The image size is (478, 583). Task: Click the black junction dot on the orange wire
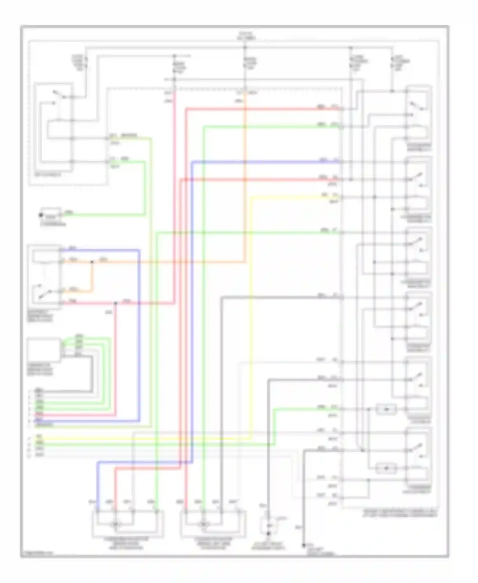pos(92,262)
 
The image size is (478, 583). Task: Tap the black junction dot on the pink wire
pos(115,303)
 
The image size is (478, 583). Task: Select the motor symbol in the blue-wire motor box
pos(116,524)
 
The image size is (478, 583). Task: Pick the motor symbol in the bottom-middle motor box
pos(203,524)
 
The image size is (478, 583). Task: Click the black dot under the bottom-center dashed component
pos(268,533)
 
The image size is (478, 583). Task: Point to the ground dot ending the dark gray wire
pos(304,545)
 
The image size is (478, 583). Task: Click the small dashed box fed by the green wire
pos(386,409)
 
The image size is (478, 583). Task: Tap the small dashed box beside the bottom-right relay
pos(386,468)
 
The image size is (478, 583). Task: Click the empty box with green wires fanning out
pos(44,350)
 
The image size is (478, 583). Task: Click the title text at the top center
pos(246,36)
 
